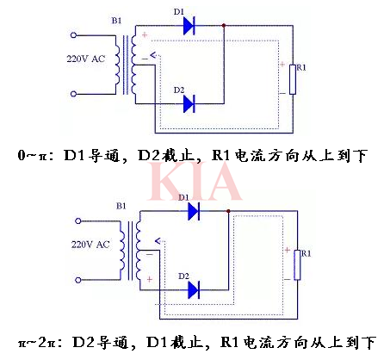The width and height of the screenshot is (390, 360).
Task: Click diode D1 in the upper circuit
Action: (x=189, y=27)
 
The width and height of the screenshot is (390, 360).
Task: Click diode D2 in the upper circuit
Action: (x=189, y=104)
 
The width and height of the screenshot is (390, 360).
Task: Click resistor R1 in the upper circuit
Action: (x=293, y=78)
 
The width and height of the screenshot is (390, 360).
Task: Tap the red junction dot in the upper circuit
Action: (x=224, y=27)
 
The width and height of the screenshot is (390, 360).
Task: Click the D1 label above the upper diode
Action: (x=179, y=9)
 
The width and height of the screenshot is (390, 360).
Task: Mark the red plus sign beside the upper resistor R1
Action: (x=282, y=65)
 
